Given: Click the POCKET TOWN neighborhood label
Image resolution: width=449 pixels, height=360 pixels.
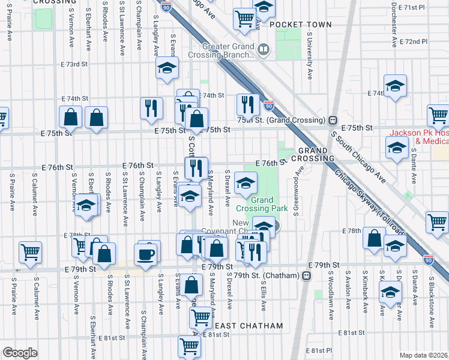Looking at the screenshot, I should pyautogui.click(x=300, y=25).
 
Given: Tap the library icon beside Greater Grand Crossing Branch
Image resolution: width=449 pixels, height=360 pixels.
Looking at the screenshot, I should pyautogui.click(x=264, y=48).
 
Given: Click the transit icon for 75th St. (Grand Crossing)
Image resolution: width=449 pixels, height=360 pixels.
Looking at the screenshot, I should pyautogui.click(x=332, y=120).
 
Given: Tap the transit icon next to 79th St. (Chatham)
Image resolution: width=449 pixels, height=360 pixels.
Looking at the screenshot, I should pyautogui.click(x=307, y=275).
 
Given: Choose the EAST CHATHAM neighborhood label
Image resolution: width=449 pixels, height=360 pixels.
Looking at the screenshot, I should pyautogui.click(x=249, y=326).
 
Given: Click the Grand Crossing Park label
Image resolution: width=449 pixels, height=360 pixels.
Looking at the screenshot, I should pyautogui.click(x=262, y=204).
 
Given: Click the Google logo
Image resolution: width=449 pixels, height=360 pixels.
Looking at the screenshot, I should pyautogui.click(x=20, y=353).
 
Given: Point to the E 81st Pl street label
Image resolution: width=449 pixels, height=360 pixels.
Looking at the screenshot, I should pyautogui.click(x=318, y=350).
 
